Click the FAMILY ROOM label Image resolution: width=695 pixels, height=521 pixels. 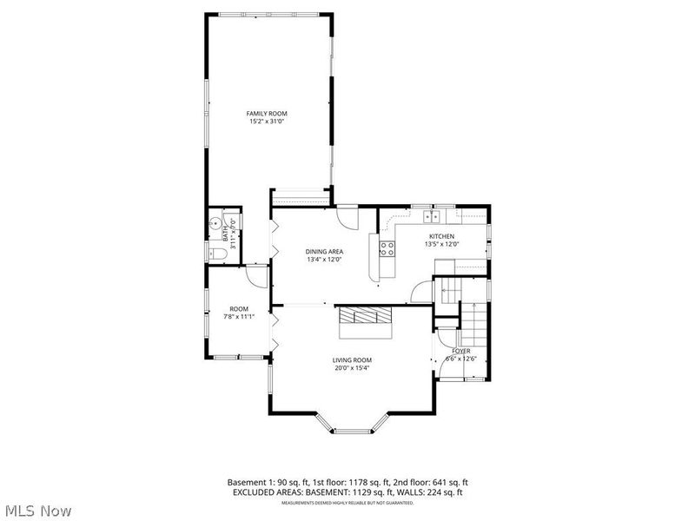click(x=266, y=114)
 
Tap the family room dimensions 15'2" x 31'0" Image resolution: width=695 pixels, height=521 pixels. click(x=266, y=122)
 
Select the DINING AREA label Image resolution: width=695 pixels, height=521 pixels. click(x=323, y=252)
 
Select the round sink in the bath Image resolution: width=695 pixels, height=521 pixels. click(x=215, y=221)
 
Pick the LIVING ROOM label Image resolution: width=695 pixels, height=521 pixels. click(x=352, y=359)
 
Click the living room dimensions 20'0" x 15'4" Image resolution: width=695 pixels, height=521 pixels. click(x=352, y=368)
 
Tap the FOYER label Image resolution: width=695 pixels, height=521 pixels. click(x=460, y=351)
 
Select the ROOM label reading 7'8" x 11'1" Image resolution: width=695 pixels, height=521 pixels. click(x=239, y=309)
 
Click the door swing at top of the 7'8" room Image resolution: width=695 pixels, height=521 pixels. click(x=257, y=275)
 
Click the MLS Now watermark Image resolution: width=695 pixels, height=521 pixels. click(x=36, y=511)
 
